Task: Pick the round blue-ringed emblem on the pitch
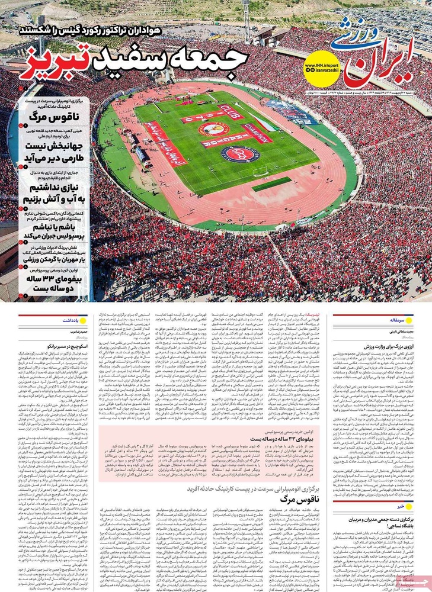[x=240, y=155]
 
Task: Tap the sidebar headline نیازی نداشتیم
[x=53, y=188]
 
